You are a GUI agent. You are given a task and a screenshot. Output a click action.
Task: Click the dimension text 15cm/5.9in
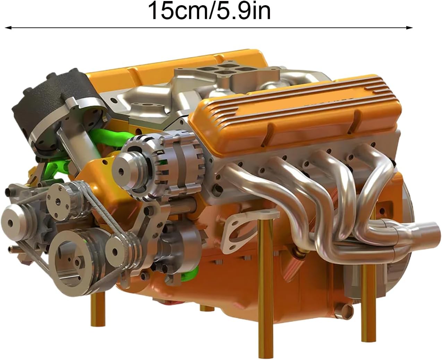pyautogui.click(x=210, y=10)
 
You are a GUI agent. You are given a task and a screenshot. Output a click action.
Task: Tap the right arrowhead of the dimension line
pyautogui.click(x=409, y=28)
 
